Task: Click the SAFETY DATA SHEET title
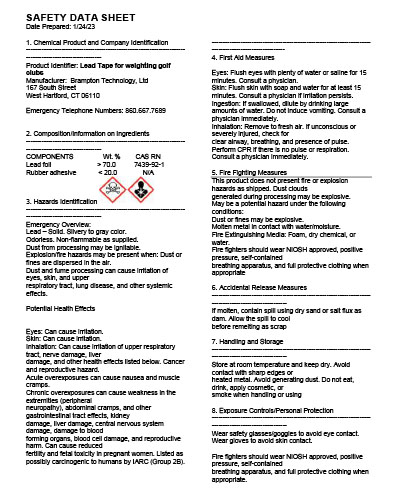[71, 14]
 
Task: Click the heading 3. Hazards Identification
[68, 202]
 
